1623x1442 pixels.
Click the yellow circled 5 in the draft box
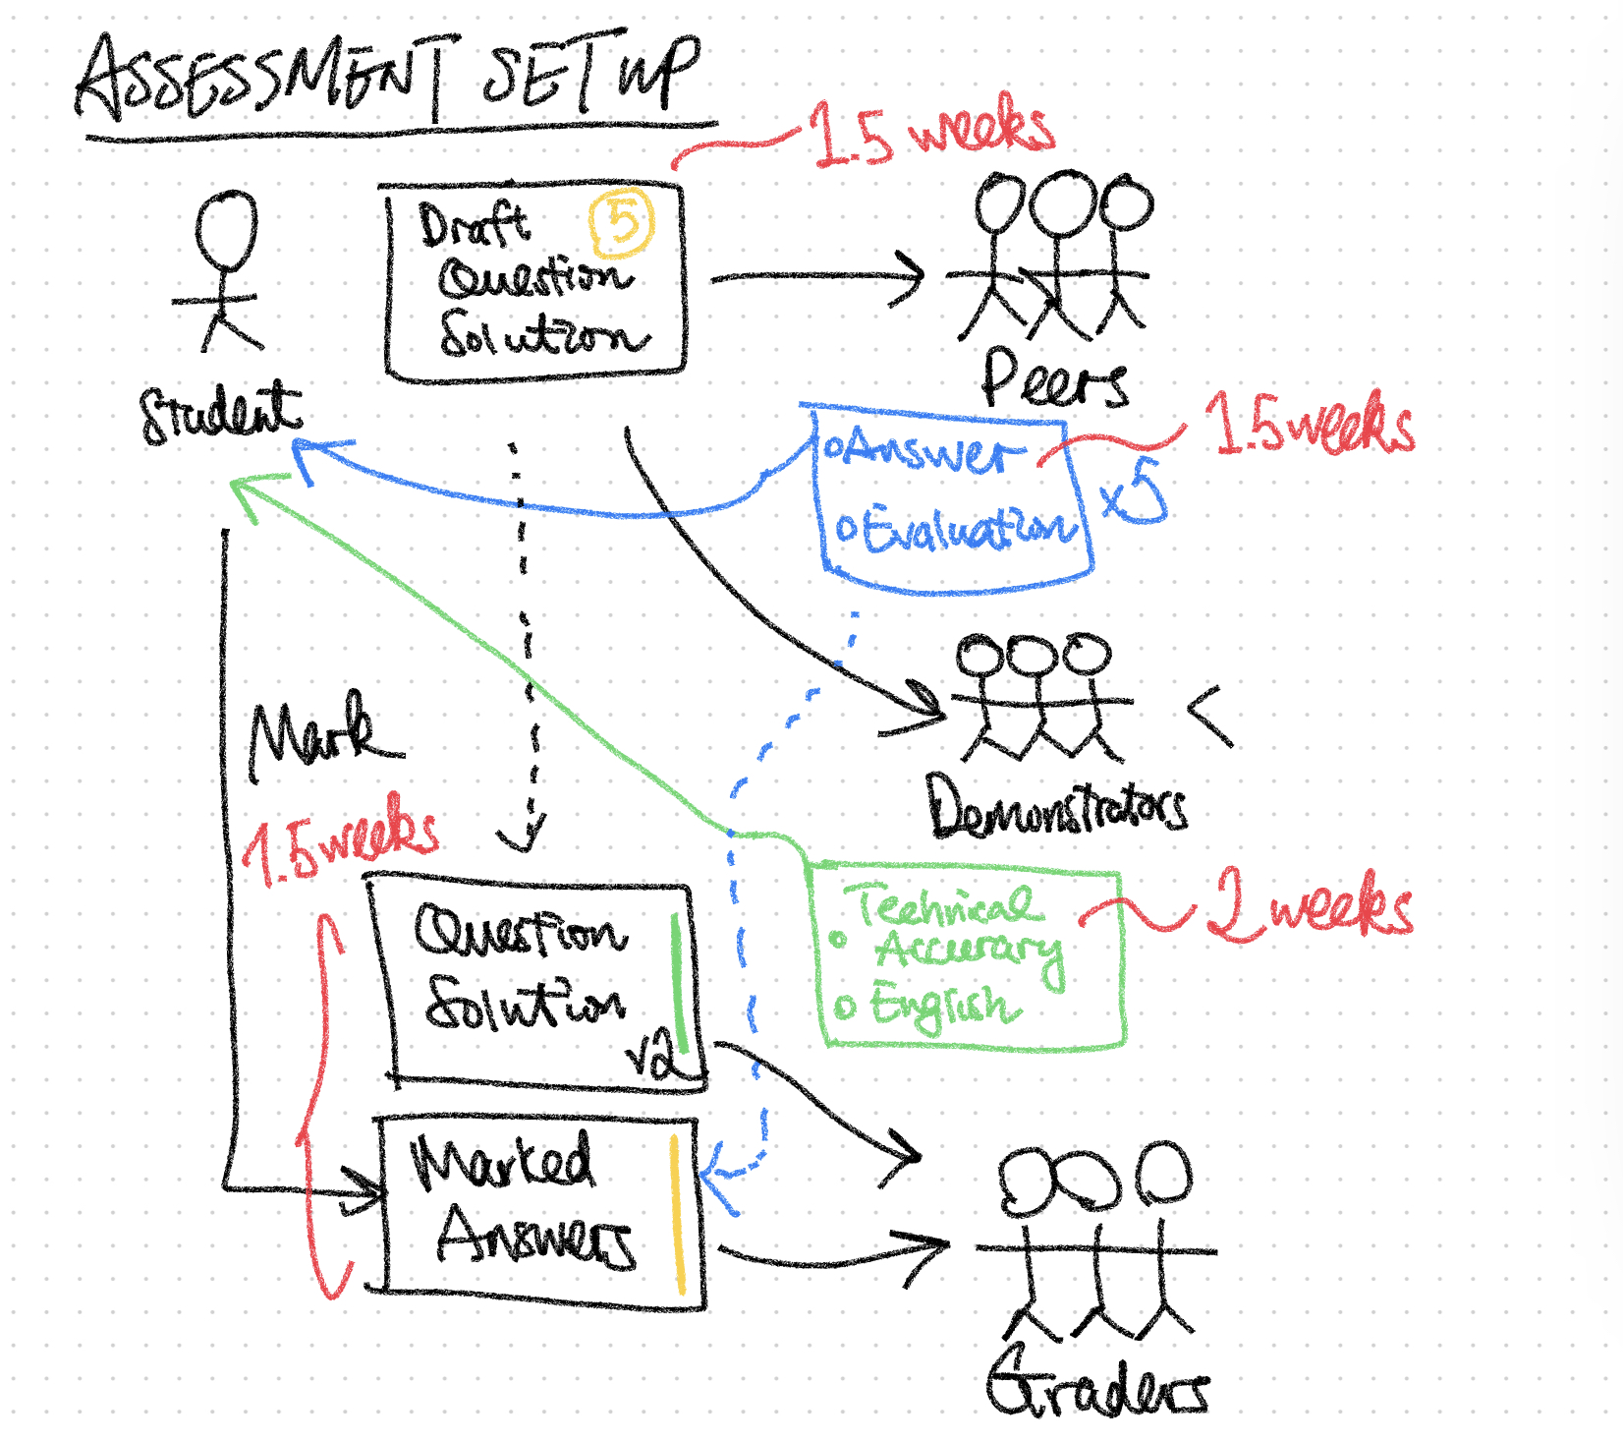tap(621, 221)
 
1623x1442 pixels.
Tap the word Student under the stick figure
tap(220, 413)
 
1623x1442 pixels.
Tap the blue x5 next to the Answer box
tap(1134, 491)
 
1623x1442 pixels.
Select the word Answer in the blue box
tap(923, 453)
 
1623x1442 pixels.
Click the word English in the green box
tap(938, 1007)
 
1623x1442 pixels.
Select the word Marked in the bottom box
tap(501, 1161)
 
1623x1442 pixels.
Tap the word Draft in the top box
tap(474, 225)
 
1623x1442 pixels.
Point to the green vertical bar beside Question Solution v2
tap(677, 983)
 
